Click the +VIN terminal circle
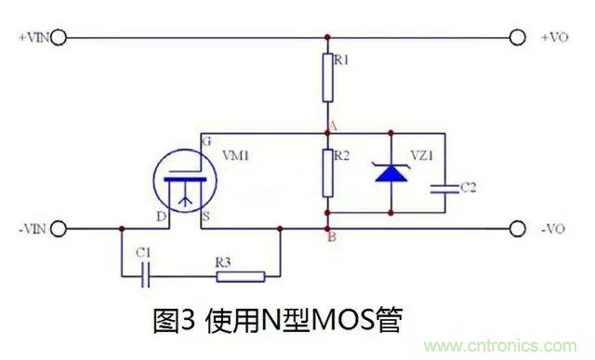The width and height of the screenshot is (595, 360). tap(59, 38)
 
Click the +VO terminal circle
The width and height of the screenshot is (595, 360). tap(520, 38)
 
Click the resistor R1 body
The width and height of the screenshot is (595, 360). tap(327, 78)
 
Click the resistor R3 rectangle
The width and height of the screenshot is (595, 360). tap(240, 275)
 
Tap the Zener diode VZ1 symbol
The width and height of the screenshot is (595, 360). tap(390, 173)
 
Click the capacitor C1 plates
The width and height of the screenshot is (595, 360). tap(145, 275)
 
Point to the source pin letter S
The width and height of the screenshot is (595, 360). tap(205, 218)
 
